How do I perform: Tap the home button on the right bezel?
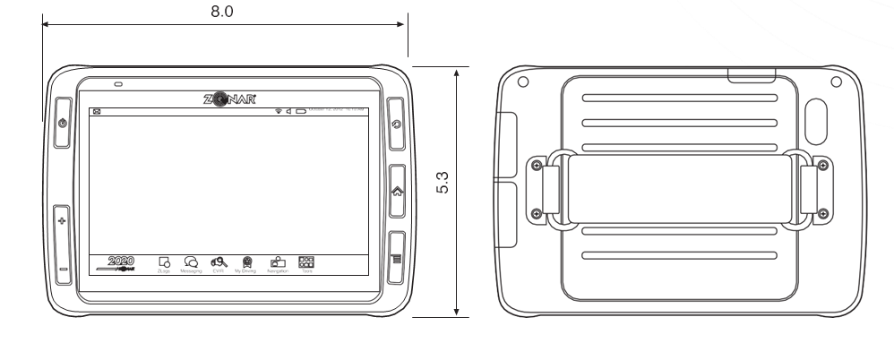(x=398, y=191)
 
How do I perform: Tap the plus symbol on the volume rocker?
(x=62, y=219)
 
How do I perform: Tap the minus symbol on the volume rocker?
(x=62, y=267)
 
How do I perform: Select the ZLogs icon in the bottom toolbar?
(x=164, y=262)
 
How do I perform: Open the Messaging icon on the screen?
(x=190, y=262)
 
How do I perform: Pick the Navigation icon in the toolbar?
(x=277, y=262)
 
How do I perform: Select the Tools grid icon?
(x=305, y=261)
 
